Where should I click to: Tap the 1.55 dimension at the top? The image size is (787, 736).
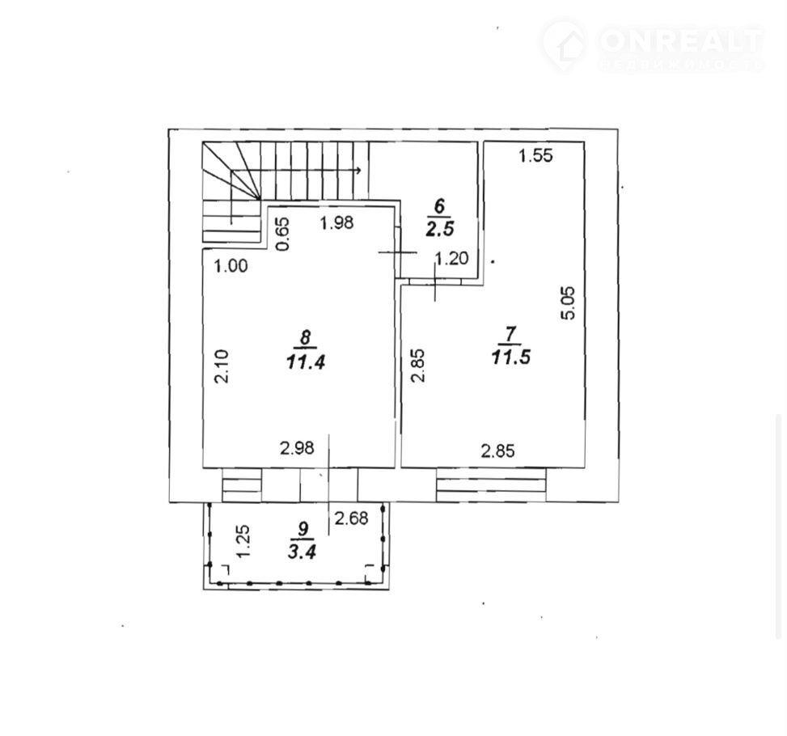click(535, 157)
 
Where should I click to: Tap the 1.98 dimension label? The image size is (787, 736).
click(336, 224)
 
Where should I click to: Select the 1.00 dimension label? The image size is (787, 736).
click(231, 264)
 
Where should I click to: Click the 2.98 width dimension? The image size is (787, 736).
click(296, 446)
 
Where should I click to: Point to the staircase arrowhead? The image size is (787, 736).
click(358, 171)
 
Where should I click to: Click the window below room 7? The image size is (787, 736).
click(492, 485)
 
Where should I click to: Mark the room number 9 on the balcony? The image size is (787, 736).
click(303, 530)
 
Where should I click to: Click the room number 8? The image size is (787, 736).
click(303, 337)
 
